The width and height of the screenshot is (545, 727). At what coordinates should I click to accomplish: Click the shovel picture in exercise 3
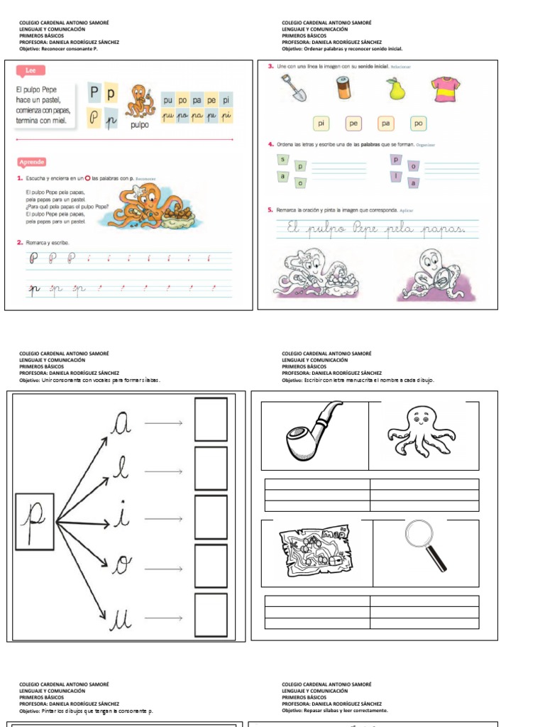[293, 89]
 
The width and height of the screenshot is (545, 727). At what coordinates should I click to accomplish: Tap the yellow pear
[395, 89]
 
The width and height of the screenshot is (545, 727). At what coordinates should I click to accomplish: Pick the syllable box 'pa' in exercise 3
[385, 124]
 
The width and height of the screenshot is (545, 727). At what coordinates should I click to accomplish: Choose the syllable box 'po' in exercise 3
[418, 124]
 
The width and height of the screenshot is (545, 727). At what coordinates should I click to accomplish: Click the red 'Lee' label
[31, 70]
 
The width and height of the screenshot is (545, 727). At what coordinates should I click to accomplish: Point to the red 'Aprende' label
[32, 162]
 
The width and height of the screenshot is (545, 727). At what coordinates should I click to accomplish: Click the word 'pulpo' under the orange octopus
[140, 125]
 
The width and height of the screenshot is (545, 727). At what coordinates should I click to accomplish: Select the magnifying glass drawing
[425, 544]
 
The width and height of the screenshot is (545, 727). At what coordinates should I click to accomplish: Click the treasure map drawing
[312, 552]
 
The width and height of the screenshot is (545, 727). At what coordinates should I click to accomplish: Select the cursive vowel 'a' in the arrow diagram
[121, 423]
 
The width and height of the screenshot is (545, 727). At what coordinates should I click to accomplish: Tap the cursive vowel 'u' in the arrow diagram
[120, 619]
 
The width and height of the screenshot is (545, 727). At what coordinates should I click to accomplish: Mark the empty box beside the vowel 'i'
[211, 518]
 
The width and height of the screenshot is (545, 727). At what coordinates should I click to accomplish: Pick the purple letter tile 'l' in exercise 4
[397, 176]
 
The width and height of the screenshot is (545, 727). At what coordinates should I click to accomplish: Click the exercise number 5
[270, 210]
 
